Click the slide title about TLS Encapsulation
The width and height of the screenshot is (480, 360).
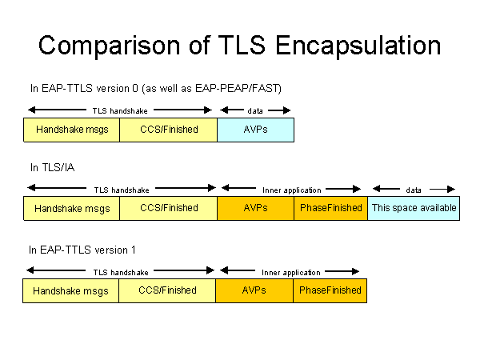click(x=239, y=45)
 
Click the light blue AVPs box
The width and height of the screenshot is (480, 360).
click(x=255, y=130)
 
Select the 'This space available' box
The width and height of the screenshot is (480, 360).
click(x=414, y=208)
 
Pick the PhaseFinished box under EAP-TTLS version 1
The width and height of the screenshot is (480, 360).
click(x=330, y=290)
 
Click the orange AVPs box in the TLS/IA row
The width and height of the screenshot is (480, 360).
click(x=255, y=208)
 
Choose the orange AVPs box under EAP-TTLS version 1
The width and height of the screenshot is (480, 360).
click(x=254, y=290)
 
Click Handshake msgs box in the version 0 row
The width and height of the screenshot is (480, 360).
click(x=72, y=130)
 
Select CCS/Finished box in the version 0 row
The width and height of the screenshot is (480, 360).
click(x=168, y=130)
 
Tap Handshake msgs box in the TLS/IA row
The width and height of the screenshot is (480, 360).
click(x=72, y=208)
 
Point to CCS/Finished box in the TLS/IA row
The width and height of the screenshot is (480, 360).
click(x=168, y=208)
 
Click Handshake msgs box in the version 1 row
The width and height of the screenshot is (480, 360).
click(x=71, y=290)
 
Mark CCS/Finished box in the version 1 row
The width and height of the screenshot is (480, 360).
click(x=167, y=290)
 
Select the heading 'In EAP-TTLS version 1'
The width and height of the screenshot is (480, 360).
click(x=82, y=250)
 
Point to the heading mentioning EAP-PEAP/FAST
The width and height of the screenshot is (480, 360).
click(x=155, y=87)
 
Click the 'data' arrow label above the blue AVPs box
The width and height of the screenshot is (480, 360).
click(x=255, y=110)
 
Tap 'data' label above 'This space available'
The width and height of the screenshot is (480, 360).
click(x=414, y=190)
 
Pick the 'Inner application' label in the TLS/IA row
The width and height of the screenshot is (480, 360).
click(x=291, y=190)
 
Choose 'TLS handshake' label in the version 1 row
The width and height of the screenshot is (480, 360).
click(x=121, y=273)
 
